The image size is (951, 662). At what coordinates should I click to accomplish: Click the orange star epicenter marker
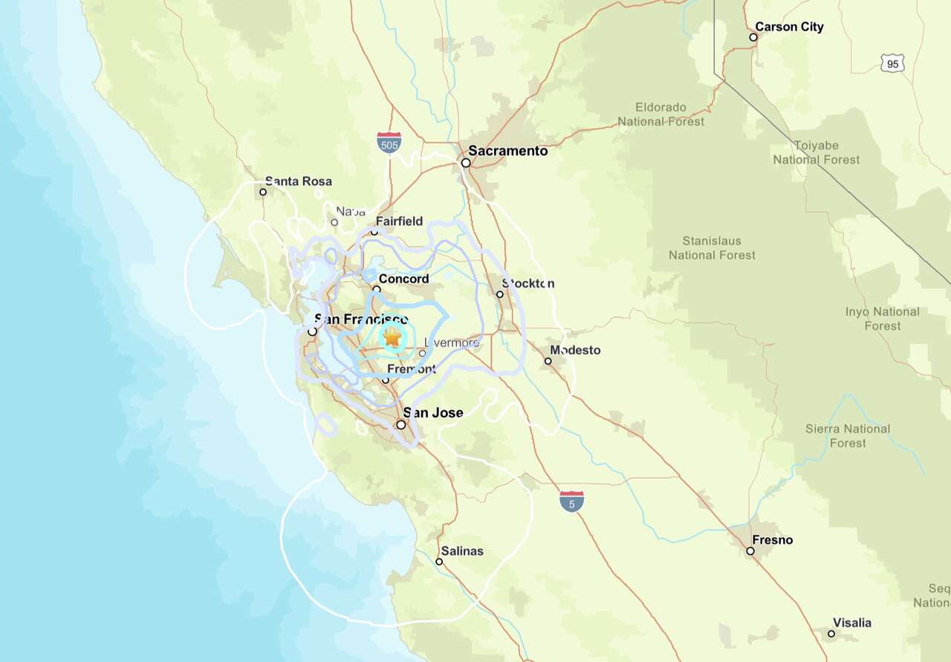[392, 338]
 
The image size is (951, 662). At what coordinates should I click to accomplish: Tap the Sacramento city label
[508, 151]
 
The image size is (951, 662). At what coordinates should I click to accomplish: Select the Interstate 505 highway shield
[389, 143]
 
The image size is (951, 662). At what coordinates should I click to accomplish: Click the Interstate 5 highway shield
[571, 502]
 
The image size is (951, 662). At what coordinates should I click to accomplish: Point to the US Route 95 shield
[892, 64]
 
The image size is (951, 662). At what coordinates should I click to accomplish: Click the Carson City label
[789, 27]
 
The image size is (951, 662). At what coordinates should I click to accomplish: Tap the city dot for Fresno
[750, 551]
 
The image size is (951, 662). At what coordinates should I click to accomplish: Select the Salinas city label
[461, 551]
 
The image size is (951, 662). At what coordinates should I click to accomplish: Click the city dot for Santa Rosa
[263, 192]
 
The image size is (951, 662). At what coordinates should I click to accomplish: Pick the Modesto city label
[575, 350]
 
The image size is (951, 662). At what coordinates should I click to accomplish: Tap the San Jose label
[432, 413]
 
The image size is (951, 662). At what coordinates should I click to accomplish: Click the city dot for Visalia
[831, 634]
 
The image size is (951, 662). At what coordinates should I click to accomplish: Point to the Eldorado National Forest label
[660, 114]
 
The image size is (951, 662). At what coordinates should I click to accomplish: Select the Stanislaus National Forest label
[712, 248]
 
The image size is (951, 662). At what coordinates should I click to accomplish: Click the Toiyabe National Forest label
[816, 152]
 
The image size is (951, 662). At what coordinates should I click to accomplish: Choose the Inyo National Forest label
[882, 319]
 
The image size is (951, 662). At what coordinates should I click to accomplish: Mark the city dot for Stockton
[500, 294]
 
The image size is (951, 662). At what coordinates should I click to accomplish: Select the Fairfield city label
[399, 221]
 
